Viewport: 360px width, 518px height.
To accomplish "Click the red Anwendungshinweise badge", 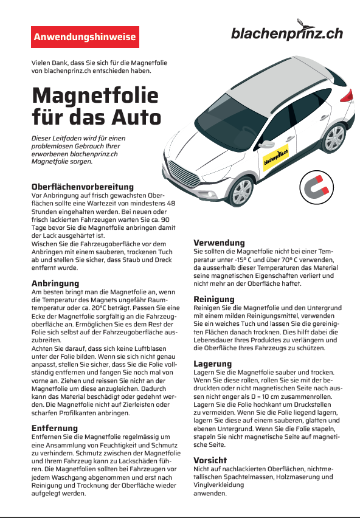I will (x=85, y=37).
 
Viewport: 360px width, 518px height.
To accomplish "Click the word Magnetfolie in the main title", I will (x=95, y=95).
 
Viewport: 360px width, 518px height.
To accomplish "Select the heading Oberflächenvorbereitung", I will (x=82, y=186).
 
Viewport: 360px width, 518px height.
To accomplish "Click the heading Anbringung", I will (x=55, y=283).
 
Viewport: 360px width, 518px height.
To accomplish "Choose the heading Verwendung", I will (x=219, y=243).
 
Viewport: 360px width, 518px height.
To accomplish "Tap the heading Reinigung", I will (x=214, y=299).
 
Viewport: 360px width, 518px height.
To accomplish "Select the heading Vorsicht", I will (x=210, y=460).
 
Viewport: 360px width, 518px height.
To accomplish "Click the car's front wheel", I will (x=241, y=193).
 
